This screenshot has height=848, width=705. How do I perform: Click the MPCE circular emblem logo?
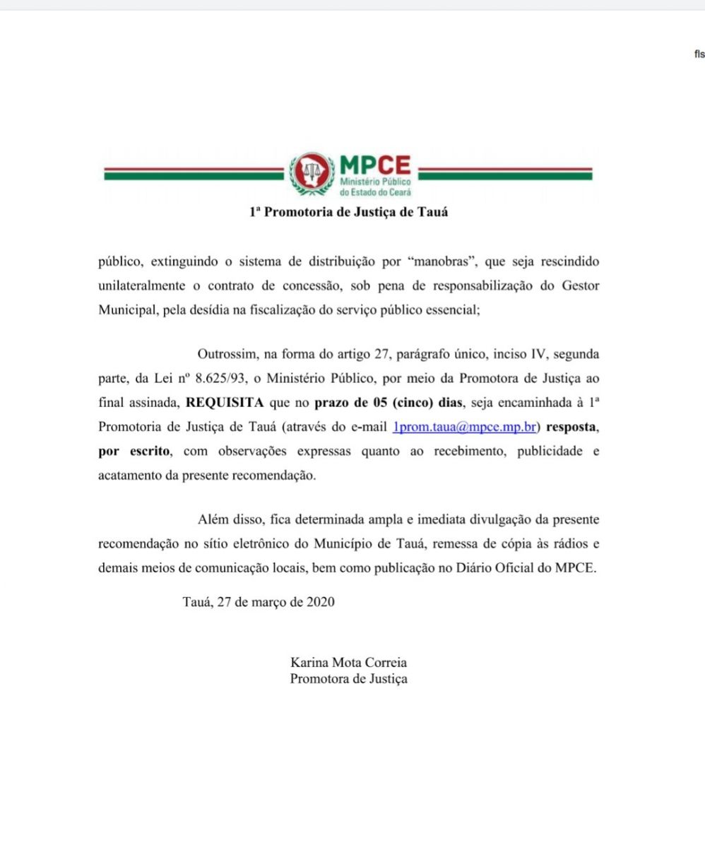pyautogui.click(x=311, y=174)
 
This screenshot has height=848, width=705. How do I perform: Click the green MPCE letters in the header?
pyautogui.click(x=375, y=166)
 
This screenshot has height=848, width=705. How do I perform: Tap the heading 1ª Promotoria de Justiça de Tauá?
pyautogui.click(x=348, y=211)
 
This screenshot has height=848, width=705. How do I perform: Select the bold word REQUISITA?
pyautogui.click(x=225, y=402)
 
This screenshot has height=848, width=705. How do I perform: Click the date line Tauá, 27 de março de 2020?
pyautogui.click(x=258, y=602)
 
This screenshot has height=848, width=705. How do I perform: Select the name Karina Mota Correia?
pyautogui.click(x=348, y=663)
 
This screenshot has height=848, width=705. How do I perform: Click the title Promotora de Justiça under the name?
pyautogui.click(x=348, y=679)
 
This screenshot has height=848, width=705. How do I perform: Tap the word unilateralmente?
pyautogui.click(x=147, y=286)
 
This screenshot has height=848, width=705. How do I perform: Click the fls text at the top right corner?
pyautogui.click(x=699, y=54)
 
